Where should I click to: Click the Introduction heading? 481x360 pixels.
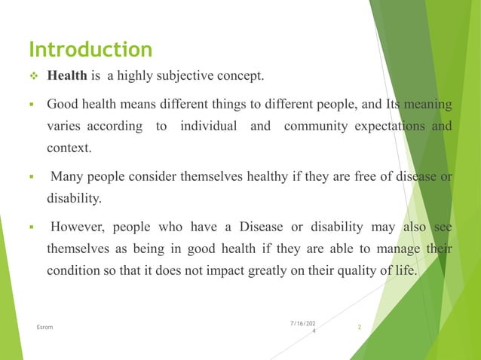(90, 50)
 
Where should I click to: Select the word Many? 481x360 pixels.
(66, 176)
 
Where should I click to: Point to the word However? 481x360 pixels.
(75, 227)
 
